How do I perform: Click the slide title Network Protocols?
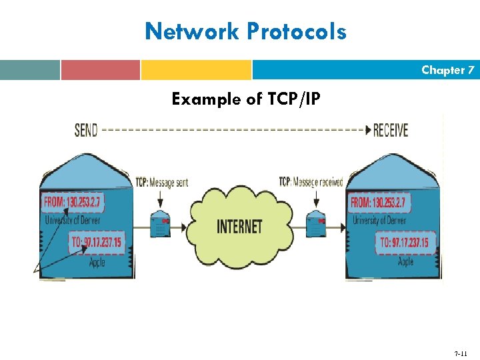[x=245, y=31]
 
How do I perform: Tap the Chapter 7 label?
[x=447, y=70]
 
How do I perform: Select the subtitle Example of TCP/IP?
[x=245, y=99]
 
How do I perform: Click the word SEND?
[x=86, y=130]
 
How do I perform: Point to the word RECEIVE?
[x=391, y=130]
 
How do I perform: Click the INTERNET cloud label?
[x=239, y=227]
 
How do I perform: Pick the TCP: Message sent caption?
[x=161, y=183]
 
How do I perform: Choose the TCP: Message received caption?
[x=311, y=182]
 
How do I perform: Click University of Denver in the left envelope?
[x=72, y=219]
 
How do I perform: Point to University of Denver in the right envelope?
[x=380, y=219]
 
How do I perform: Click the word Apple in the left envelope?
[x=97, y=263]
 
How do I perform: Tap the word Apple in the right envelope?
[x=405, y=263]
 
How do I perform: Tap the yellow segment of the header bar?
[x=196, y=70]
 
